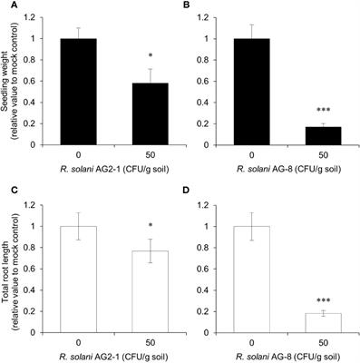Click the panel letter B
point(189,6)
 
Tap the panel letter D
point(189,188)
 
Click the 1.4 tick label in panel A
point(39,14)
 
